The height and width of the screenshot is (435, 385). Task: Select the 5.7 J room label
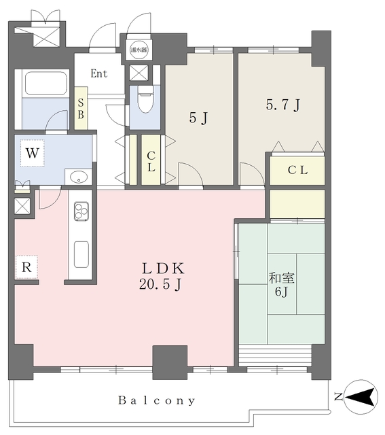pos(282,105)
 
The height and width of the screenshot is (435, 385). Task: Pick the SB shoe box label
pos(81,109)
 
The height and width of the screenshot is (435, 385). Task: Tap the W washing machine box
pos(31,153)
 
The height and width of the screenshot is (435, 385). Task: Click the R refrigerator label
pos(26,267)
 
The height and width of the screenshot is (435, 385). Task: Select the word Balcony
pos(157,400)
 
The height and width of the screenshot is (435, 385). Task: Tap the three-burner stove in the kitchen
pos(81,212)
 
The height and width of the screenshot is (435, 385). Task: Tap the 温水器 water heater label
pos(138,50)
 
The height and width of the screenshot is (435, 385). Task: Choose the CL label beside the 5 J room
pos(150,160)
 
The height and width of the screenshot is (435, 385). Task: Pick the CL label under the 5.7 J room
pos(297,171)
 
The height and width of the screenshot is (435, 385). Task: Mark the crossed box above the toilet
pos(139,73)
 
